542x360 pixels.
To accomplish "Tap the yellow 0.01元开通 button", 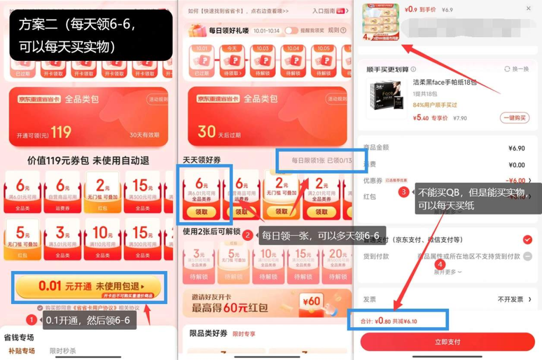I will (x=88, y=286).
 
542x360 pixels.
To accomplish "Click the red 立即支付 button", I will (x=447, y=342).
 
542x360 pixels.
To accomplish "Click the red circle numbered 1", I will (x=31, y=320).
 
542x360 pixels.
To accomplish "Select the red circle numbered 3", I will (x=404, y=192).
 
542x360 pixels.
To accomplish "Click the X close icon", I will (x=528, y=8).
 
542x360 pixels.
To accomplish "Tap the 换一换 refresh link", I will (x=517, y=69).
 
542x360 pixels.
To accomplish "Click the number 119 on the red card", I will (x=61, y=132).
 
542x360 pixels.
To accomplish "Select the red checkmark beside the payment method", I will (x=527, y=240).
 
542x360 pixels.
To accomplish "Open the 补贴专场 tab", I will (x=22, y=350).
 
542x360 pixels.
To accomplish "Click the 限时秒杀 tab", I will (x=63, y=350).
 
